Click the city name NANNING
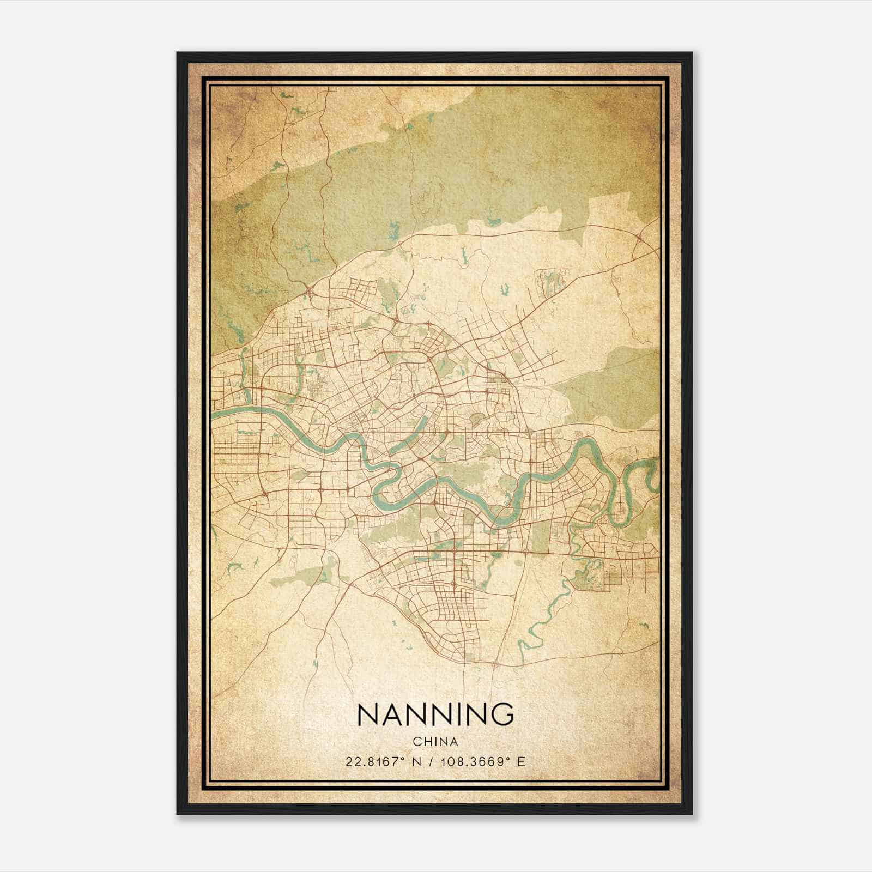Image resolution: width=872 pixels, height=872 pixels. click(x=435, y=713)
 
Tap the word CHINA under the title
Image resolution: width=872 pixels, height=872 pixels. click(x=435, y=742)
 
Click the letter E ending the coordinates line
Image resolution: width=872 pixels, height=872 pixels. click(x=522, y=761)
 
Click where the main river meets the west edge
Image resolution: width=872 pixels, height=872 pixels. click(x=214, y=413)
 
